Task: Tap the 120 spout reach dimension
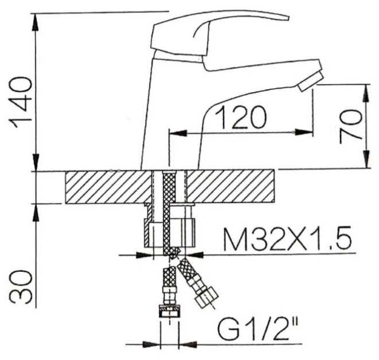(x=241, y=118)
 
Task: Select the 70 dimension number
(x=350, y=127)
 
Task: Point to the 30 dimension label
(x=21, y=287)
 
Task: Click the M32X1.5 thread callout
(x=287, y=238)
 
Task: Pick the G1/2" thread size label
(x=258, y=329)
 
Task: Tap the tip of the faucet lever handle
(x=288, y=18)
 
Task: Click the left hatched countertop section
(x=108, y=187)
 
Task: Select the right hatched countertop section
(x=230, y=186)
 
